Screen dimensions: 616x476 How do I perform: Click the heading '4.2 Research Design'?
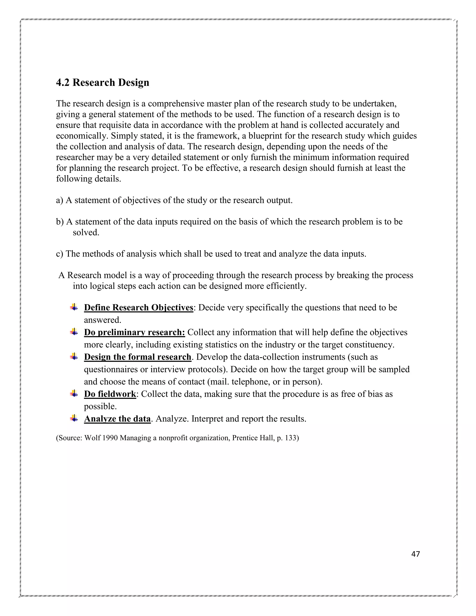[x=103, y=83]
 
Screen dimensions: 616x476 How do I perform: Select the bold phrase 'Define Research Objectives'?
[x=139, y=308]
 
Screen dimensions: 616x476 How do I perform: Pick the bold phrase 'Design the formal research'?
[x=138, y=357]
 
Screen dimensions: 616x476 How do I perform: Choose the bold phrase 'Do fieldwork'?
[x=110, y=394]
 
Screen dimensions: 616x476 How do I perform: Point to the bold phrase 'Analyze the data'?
[x=117, y=419]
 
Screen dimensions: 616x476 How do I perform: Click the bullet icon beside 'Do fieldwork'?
[x=74, y=393]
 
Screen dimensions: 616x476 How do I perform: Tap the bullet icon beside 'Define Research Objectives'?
[x=74, y=307]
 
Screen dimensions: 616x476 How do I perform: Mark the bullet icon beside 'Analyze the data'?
[x=74, y=418]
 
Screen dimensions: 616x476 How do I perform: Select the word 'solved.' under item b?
[x=86, y=232]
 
